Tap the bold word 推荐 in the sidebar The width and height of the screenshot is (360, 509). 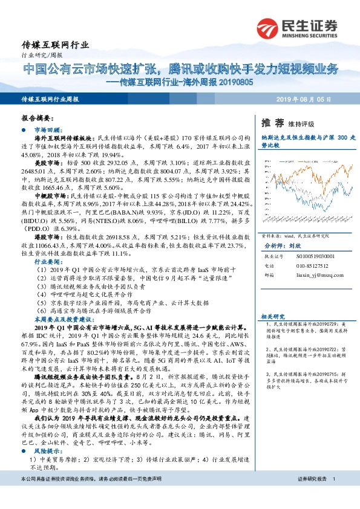click(x=272, y=123)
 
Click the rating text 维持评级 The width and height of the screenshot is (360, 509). click(x=301, y=123)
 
